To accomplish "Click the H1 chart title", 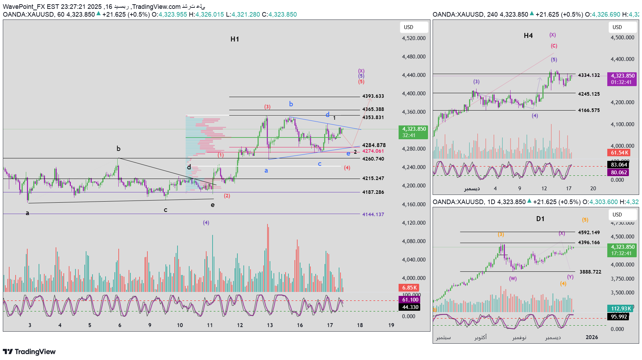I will tap(235, 39).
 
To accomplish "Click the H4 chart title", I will tap(528, 36).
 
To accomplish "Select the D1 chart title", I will tap(540, 219).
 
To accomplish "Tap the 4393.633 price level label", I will tap(373, 96).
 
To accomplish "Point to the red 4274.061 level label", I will tap(373, 151).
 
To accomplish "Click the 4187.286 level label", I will tap(373, 192).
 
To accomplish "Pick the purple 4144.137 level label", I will tap(373, 215).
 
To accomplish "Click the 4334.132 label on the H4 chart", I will tap(589, 75).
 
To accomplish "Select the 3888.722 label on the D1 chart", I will tap(590, 272).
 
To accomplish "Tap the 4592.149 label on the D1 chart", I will tap(589, 233).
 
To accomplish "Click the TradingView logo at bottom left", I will tap(29, 351).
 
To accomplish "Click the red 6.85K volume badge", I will tap(409, 288).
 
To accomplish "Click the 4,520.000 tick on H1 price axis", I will tap(413, 38).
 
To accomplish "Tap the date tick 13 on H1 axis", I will tap(270, 325).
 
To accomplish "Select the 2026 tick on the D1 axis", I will tap(592, 337).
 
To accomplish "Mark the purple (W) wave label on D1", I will tap(513, 279).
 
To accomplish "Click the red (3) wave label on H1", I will tap(267, 107).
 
